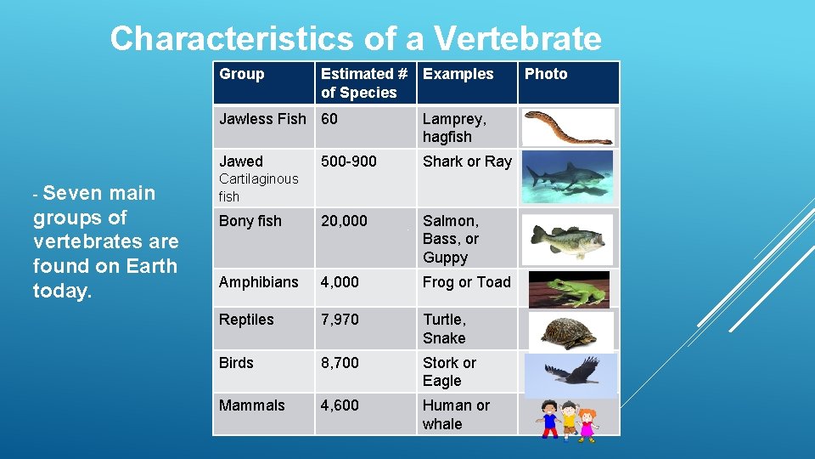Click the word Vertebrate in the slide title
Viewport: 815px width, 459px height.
(517, 39)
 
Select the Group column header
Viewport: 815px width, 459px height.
(242, 74)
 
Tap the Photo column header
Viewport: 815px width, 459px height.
(546, 74)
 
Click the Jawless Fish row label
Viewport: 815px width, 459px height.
(262, 119)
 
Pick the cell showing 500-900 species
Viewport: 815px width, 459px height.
(348, 161)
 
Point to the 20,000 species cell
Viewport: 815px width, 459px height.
(344, 221)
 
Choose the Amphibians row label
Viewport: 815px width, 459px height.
(258, 282)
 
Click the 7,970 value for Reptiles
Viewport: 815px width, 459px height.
(340, 320)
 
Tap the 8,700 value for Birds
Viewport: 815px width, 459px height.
(340, 363)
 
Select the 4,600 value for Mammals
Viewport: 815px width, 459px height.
(340, 405)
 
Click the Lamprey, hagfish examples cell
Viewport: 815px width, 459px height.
(454, 127)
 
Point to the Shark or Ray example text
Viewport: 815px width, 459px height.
(467, 161)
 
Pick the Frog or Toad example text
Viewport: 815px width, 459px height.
(467, 282)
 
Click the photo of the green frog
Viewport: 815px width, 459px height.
(569, 289)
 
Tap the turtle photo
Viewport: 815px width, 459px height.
(569, 331)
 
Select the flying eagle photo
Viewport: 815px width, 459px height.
(569, 373)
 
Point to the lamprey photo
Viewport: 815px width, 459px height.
(567, 127)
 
